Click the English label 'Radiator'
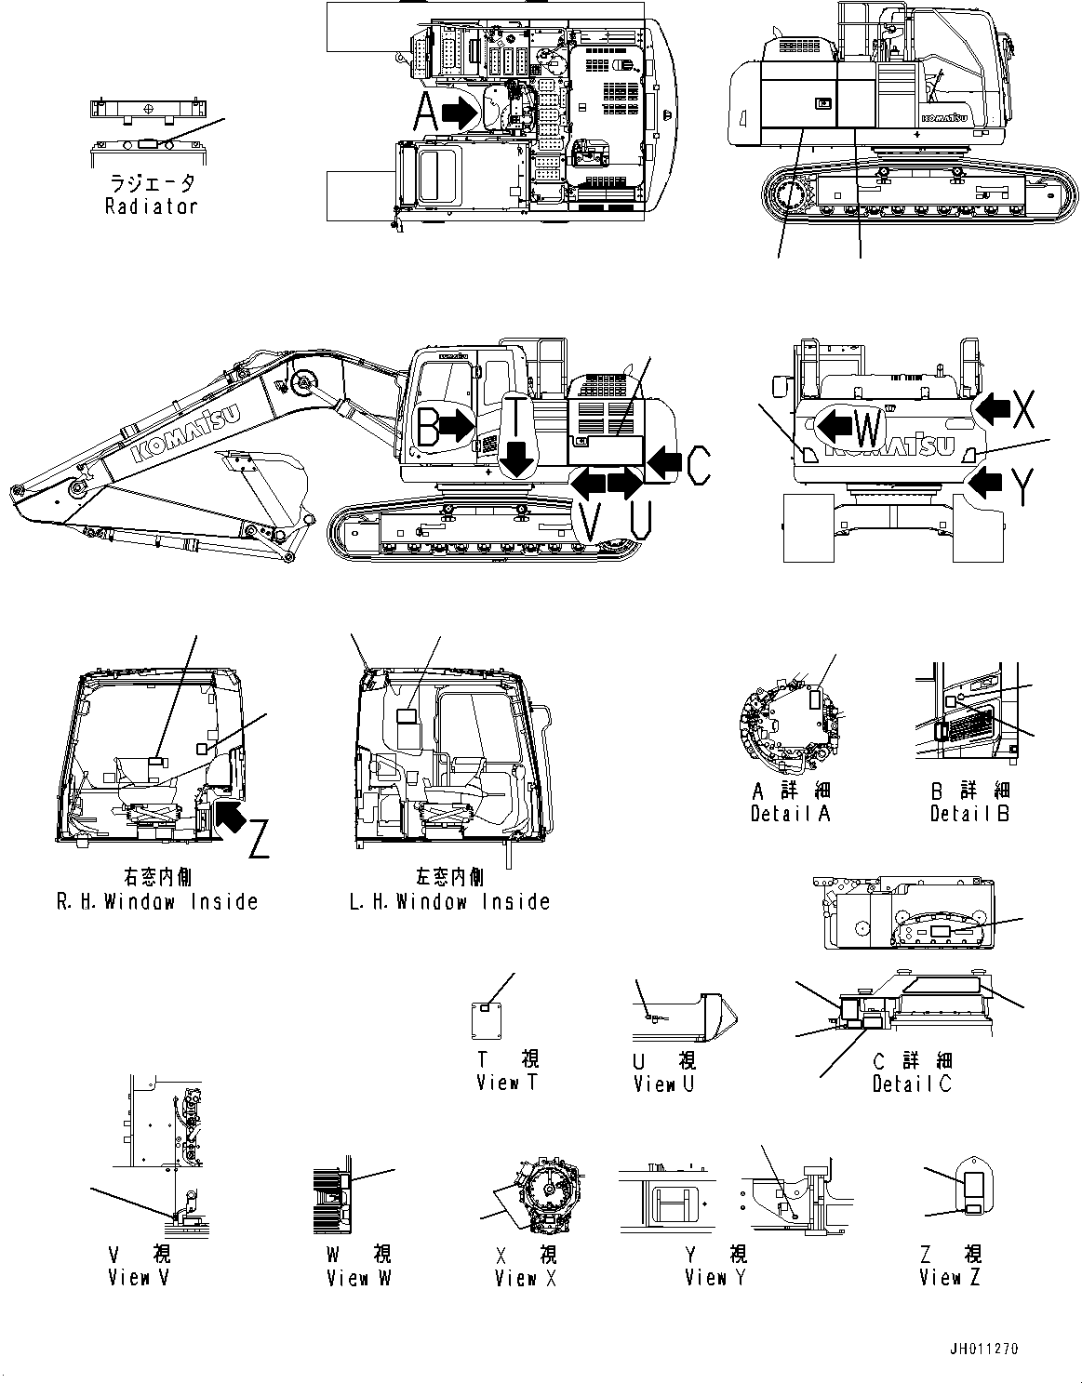click(152, 206)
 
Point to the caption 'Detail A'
click(790, 814)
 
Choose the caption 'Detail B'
click(969, 814)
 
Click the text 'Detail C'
click(912, 1084)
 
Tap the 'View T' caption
click(507, 1083)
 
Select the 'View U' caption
click(664, 1084)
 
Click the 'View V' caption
click(139, 1278)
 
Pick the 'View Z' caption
click(949, 1278)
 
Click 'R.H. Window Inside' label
click(156, 901)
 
